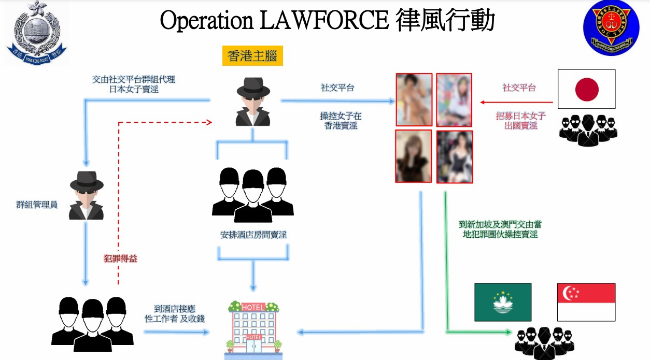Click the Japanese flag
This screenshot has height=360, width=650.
pos(586,89)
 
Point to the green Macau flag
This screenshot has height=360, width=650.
pos(503,302)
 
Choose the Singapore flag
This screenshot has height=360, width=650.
pos(586,302)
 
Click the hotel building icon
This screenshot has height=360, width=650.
pos(253,329)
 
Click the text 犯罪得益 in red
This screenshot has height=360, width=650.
pos(120,258)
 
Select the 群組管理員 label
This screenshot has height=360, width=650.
pos(36,205)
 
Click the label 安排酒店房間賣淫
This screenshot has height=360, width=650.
pos(253,235)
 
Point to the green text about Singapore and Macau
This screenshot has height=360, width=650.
pos(500,229)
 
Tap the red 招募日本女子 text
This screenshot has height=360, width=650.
pos(520,117)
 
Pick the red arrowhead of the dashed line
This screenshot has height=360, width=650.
pos(209,122)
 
